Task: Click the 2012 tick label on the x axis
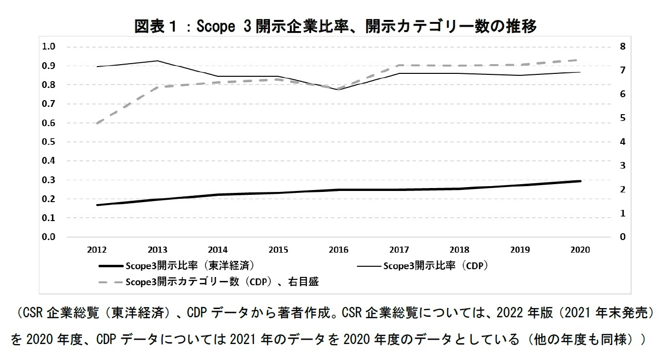(x=97, y=250)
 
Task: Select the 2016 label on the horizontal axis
(x=338, y=250)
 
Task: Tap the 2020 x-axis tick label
(x=580, y=250)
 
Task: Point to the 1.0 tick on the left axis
(x=50, y=47)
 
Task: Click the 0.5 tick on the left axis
(x=50, y=142)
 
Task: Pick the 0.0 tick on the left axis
(x=50, y=237)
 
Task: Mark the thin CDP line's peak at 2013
(x=157, y=61)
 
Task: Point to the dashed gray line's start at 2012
(x=97, y=123)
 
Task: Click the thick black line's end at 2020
(x=580, y=181)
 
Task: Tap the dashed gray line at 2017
(x=399, y=65)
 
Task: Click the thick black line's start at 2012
(x=97, y=205)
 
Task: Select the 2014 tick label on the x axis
(x=217, y=250)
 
